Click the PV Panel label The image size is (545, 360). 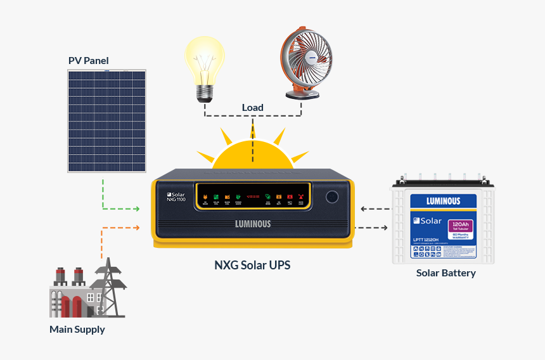coord(88,61)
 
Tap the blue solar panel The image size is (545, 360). coord(107,121)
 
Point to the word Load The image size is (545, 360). coord(252,108)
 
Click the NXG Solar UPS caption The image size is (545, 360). coord(252,265)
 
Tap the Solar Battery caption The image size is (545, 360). coord(446,273)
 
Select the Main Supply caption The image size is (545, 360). coord(77,330)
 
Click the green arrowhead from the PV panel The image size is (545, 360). coord(136,209)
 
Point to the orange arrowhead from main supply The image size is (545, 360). coord(136,227)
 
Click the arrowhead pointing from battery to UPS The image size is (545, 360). coord(362,209)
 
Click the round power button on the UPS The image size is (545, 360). coord(333,196)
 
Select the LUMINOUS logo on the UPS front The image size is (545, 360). coord(253,224)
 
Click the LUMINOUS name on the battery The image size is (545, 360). coord(444,202)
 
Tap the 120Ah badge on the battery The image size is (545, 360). coord(461,226)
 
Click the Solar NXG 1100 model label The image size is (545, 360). coord(176,196)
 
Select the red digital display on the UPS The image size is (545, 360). coord(253,196)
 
